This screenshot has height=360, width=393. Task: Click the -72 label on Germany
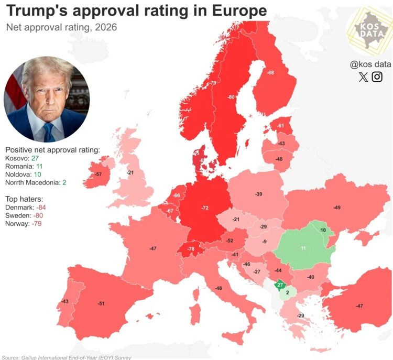pyautogui.click(x=205, y=208)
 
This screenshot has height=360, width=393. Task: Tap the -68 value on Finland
pyautogui.click(x=270, y=72)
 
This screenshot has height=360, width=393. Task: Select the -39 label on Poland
pyautogui.click(x=258, y=194)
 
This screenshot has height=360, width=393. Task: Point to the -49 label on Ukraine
pyautogui.click(x=336, y=208)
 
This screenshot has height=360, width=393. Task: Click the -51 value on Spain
pyautogui.click(x=101, y=303)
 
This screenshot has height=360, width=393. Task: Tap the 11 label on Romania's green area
pyautogui.click(x=303, y=248)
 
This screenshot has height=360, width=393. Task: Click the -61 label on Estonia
pyautogui.click(x=281, y=126)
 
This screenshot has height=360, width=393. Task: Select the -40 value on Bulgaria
pyautogui.click(x=310, y=277)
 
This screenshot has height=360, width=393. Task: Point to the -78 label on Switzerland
pyautogui.click(x=191, y=248)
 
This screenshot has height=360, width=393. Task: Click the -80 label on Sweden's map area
pyautogui.click(x=231, y=97)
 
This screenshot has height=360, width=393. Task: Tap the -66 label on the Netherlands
pyautogui.click(x=177, y=195)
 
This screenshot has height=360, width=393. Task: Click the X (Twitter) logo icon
pyautogui.click(x=364, y=77)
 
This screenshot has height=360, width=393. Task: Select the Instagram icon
pyautogui.click(x=377, y=77)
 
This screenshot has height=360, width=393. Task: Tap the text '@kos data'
pyautogui.click(x=370, y=64)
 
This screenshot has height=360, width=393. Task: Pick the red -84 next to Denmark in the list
pyautogui.click(x=38, y=208)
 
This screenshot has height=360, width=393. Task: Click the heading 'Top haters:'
pyautogui.click(x=24, y=199)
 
